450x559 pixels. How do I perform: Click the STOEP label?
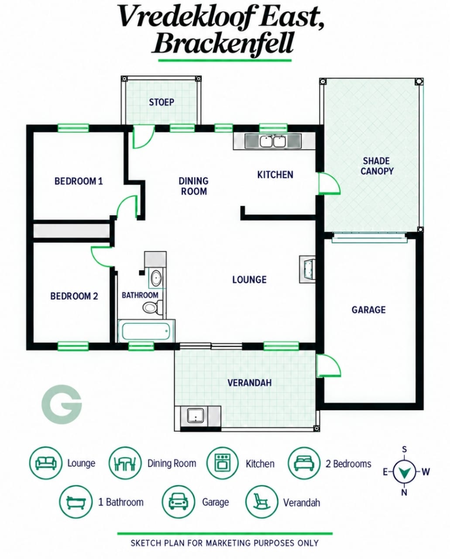tap(161, 102)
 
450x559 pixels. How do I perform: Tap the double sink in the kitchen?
tap(273, 141)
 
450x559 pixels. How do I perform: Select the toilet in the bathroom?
tap(153, 307)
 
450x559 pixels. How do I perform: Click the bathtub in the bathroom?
tap(146, 331)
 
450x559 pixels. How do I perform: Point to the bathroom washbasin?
tap(156, 278)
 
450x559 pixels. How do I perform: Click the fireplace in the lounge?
tap(308, 269)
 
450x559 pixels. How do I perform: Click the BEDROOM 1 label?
tap(79, 181)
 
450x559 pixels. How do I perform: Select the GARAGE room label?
tap(368, 310)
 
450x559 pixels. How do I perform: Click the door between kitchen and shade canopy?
tap(329, 183)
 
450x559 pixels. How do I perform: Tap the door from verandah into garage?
tap(329, 366)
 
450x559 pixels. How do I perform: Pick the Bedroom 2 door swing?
tap(102, 256)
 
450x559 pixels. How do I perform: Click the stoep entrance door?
tap(143, 137)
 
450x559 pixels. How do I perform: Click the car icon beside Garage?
tap(178, 502)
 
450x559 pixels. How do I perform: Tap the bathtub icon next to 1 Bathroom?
tap(76, 502)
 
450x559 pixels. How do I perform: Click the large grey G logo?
tap(62, 404)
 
